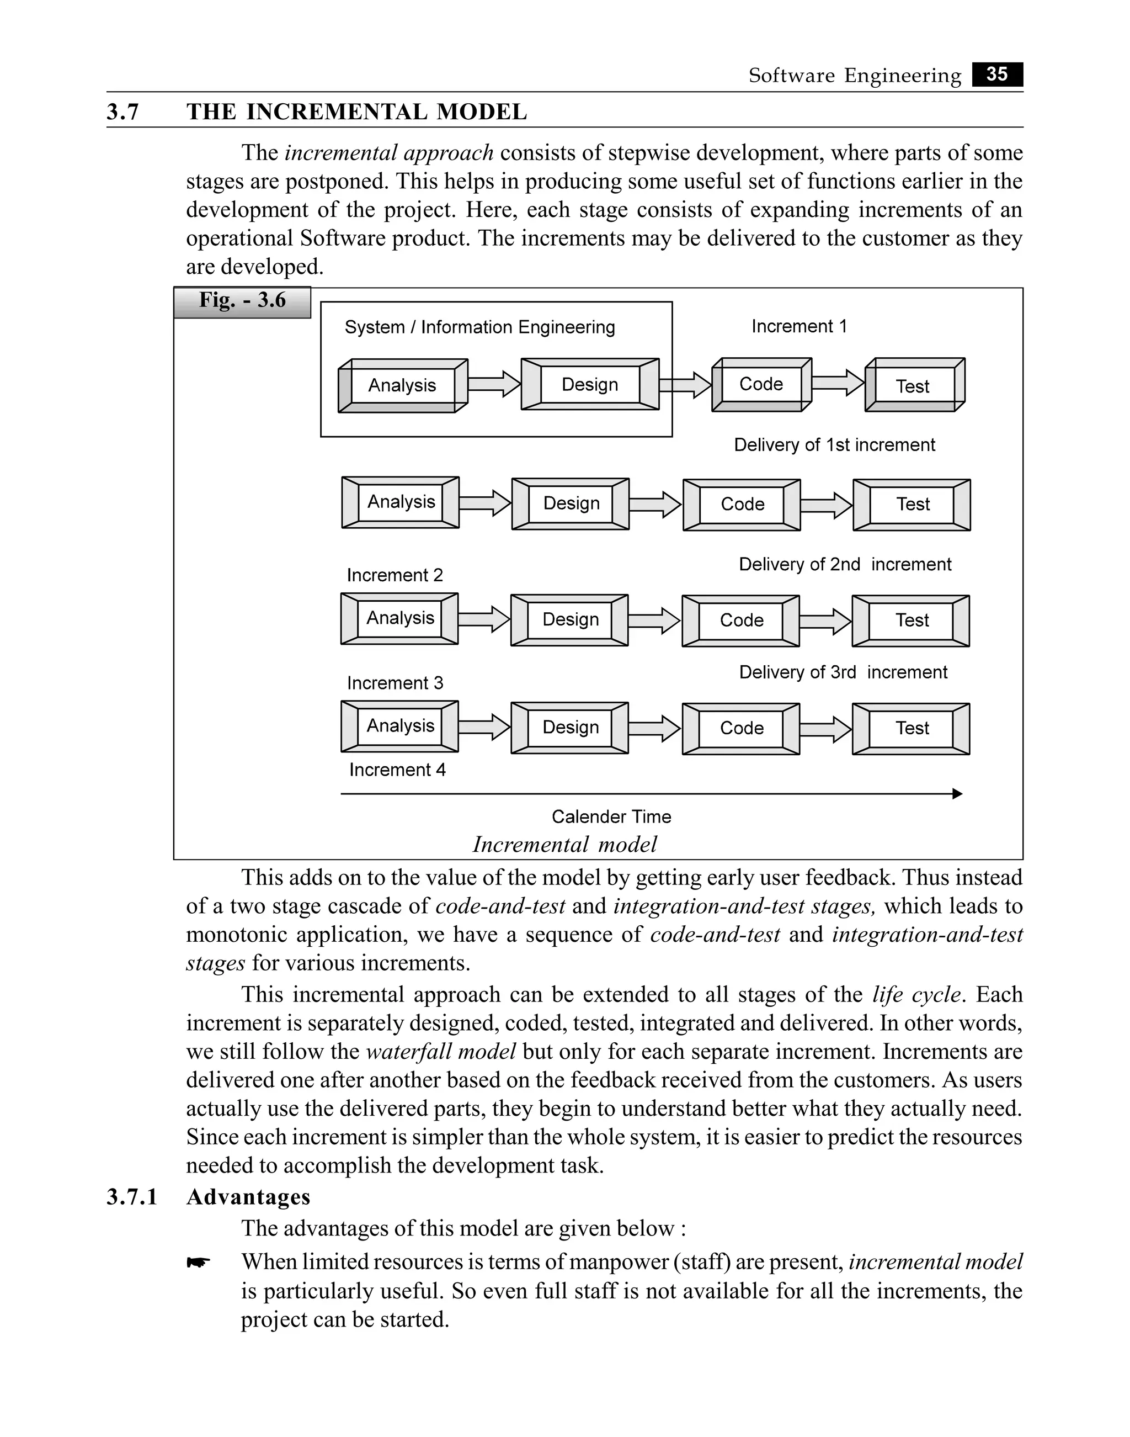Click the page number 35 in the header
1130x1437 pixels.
(996, 74)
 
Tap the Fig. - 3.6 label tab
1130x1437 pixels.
(242, 302)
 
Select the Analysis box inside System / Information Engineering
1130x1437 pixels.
(402, 385)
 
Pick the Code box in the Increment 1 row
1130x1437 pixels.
(761, 385)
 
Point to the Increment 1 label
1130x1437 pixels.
(798, 326)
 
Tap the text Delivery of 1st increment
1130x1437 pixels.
(834, 445)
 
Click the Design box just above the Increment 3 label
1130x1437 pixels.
(571, 619)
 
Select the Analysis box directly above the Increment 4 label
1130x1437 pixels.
(400, 726)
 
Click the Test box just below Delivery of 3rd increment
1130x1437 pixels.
(912, 728)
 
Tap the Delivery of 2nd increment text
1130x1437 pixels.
(845, 565)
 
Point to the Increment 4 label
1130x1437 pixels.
(397, 770)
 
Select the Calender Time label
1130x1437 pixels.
(611, 817)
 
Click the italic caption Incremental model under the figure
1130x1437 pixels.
(564, 845)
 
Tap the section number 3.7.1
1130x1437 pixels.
(132, 1197)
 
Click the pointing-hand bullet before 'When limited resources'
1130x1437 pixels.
(198, 1263)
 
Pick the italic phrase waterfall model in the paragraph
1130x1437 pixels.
(441, 1052)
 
